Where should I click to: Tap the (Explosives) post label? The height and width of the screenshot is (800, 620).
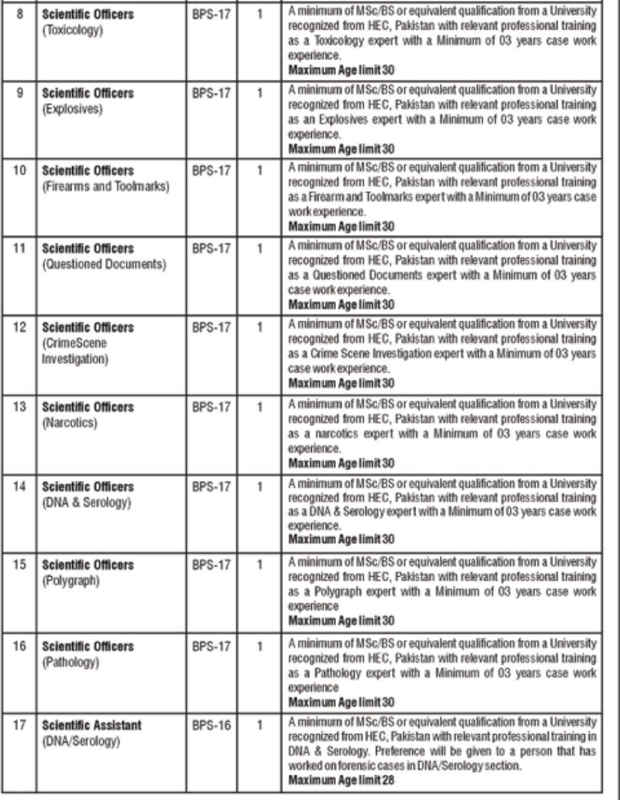[71, 109]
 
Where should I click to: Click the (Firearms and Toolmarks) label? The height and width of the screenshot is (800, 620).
[105, 186]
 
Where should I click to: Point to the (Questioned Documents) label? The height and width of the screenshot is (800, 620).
[104, 265]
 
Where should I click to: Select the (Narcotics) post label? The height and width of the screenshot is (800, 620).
[69, 423]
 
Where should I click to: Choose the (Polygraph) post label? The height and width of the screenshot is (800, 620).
[70, 581]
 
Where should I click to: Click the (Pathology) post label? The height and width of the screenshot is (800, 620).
[70, 662]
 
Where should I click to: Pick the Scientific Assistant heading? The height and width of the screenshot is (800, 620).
[91, 725]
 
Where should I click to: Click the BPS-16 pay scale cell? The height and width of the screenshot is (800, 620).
[211, 725]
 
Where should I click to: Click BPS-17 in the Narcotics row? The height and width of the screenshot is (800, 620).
[211, 407]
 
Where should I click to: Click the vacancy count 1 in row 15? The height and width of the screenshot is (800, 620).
[260, 565]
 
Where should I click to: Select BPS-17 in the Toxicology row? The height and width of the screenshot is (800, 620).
[211, 14]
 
